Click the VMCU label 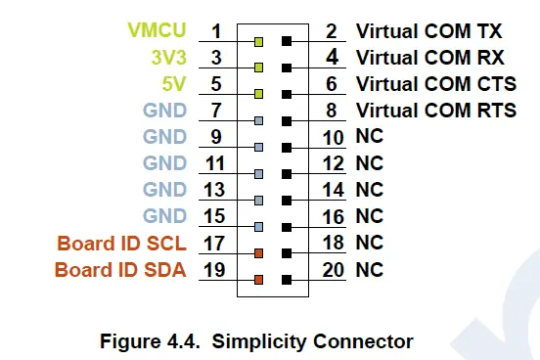click(x=160, y=31)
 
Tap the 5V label click(x=173, y=84)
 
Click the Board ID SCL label click(x=120, y=243)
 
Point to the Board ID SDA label click(x=119, y=269)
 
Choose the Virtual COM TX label click(x=436, y=31)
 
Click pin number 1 click(x=217, y=31)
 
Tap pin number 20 click(x=334, y=269)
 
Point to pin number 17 click(x=214, y=243)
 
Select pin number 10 click(x=334, y=137)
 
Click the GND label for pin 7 click(x=163, y=111)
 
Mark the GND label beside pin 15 click(x=163, y=216)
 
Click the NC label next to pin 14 click(x=368, y=190)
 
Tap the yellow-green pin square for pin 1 click(x=258, y=42)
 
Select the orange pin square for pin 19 click(x=258, y=280)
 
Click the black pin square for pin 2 click(x=286, y=42)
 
